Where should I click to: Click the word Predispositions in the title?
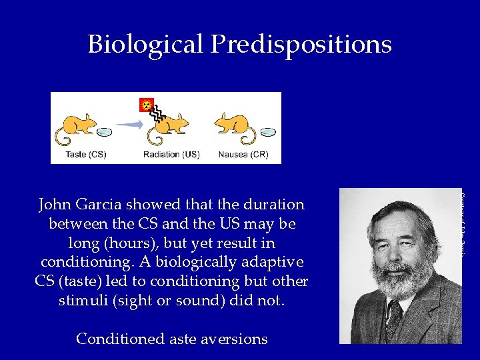coord(301,45)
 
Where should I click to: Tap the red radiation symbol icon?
coord(146,105)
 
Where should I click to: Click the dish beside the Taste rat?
coord(104,133)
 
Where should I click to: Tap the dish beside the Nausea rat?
coord(267,133)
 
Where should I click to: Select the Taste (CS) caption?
coord(86,155)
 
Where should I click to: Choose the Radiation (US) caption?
coord(171,155)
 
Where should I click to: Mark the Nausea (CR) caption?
coord(243,155)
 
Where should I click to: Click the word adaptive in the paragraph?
coord(273,261)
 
